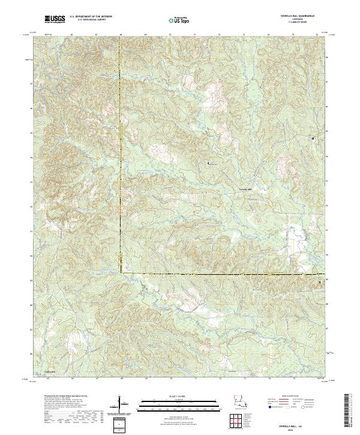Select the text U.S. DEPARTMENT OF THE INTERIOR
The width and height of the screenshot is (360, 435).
tap(91, 17)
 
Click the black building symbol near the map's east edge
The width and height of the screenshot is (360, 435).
tap(313, 138)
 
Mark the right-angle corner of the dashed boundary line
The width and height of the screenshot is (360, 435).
tap(121, 273)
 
